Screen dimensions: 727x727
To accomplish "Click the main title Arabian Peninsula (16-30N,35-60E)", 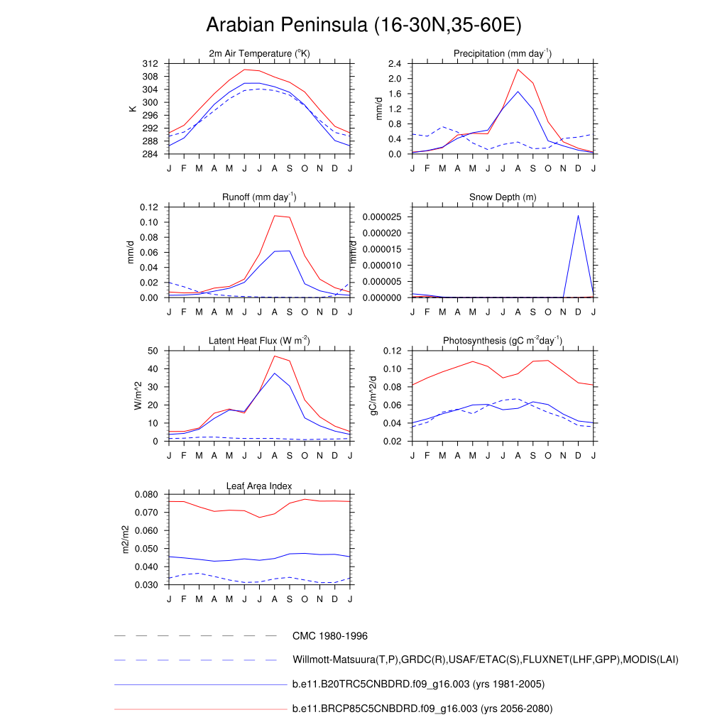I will pos(363,26).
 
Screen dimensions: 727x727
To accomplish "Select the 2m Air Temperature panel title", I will pos(259,53).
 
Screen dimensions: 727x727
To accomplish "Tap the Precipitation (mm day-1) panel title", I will pos(503,53).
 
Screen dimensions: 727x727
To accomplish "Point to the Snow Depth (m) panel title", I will pos(503,197).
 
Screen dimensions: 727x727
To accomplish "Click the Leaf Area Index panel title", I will pos(259,486).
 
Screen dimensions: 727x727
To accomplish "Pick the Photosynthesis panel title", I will pos(503,341).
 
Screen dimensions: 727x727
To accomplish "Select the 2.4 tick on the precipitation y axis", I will pos(395,64).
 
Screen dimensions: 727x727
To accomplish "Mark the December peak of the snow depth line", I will pos(578,215).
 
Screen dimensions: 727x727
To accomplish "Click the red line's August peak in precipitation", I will pos(518,69).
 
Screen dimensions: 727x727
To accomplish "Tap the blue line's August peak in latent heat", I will pos(274,373).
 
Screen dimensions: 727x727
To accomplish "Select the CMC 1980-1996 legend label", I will pos(330,636).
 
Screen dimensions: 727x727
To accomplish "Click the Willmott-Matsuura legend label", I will pos(485,660).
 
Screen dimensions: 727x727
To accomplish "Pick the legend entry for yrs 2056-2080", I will pos(422,709).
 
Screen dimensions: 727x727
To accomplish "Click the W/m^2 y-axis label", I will pos(139,395).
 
